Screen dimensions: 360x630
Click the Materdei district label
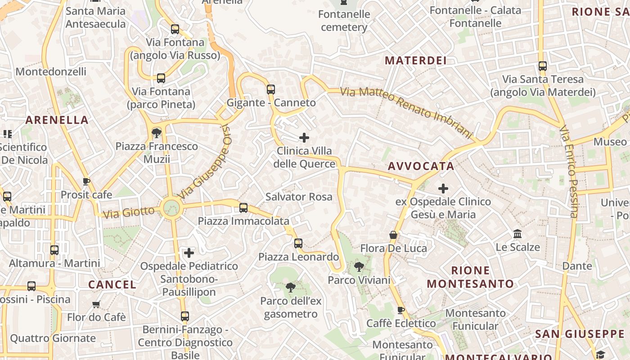(416, 60)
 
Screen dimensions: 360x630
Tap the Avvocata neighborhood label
(421, 166)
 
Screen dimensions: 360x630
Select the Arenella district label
(57, 120)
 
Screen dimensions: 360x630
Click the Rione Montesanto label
(470, 277)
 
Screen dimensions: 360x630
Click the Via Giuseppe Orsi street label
(205, 162)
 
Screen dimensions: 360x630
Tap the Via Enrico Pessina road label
(569, 171)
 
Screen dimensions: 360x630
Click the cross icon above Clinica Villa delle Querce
(304, 137)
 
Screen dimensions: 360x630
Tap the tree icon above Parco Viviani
(359, 267)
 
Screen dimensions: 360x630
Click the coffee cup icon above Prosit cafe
(86, 181)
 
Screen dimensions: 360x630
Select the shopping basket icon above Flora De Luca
(393, 235)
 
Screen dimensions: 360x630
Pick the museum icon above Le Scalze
(517, 234)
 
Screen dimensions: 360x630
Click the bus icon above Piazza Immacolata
(243, 207)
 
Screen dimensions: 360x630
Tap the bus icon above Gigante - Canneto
(270, 89)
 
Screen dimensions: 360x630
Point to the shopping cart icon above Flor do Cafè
(96, 305)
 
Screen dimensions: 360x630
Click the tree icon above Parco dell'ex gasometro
(291, 287)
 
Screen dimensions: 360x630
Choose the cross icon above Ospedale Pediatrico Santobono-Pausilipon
(189, 252)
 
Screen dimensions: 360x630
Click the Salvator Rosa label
(299, 197)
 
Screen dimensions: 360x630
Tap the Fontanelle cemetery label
(344, 21)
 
